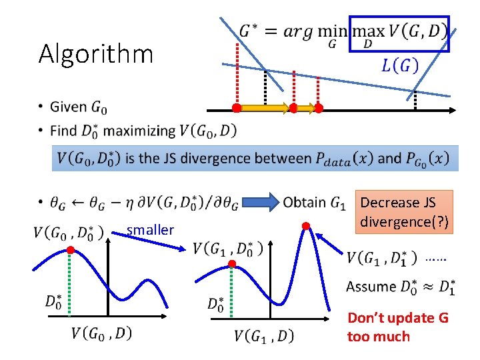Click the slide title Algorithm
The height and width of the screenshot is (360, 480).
click(96, 53)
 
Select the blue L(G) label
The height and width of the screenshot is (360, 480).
click(399, 65)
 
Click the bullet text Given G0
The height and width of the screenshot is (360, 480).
click(78, 107)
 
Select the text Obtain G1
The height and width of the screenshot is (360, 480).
click(314, 201)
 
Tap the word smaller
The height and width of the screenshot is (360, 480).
click(150, 230)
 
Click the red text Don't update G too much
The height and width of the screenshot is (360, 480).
click(397, 327)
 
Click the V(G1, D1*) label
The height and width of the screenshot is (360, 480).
click(382, 257)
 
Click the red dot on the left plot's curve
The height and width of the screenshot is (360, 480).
click(70, 249)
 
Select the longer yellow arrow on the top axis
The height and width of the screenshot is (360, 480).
click(264, 107)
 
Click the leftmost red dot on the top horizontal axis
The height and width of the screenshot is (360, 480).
click(236, 107)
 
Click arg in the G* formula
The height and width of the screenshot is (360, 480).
click(295, 31)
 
